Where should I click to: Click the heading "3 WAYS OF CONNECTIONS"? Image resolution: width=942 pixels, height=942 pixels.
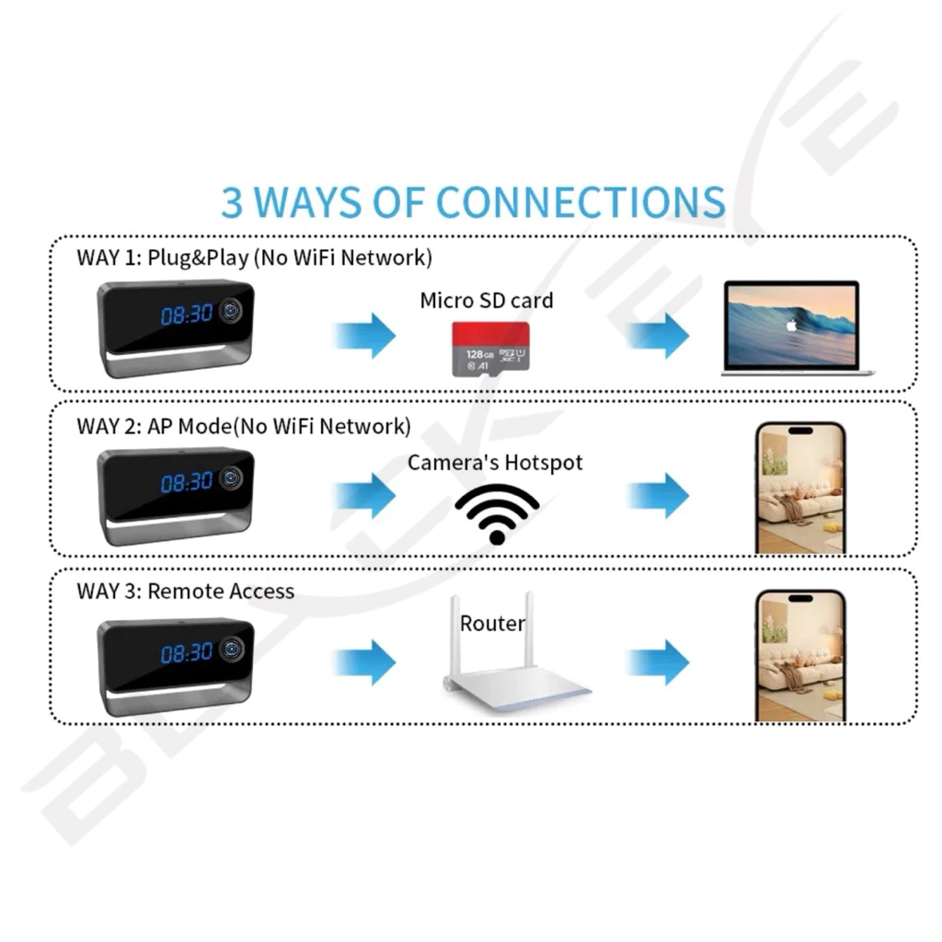(x=473, y=202)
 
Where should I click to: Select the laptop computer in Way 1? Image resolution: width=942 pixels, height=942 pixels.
(x=797, y=328)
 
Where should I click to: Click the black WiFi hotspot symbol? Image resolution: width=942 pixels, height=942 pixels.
(x=497, y=513)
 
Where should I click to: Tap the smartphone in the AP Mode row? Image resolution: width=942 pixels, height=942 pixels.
(x=798, y=488)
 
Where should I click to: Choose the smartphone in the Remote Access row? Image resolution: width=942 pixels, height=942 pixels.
(x=798, y=656)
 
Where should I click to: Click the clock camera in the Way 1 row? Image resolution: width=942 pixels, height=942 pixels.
(x=176, y=328)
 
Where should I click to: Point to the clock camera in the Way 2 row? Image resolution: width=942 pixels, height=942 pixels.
(x=176, y=495)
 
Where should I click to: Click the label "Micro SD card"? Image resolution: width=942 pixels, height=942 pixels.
(x=487, y=300)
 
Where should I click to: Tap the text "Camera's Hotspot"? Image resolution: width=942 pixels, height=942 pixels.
(x=495, y=462)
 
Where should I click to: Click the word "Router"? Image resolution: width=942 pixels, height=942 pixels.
(x=492, y=624)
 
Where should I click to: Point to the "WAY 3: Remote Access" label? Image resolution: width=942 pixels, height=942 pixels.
(x=185, y=591)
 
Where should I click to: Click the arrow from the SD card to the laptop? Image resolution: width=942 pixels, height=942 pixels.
(x=659, y=334)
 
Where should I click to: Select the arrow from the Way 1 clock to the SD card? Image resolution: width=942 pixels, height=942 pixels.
(x=364, y=334)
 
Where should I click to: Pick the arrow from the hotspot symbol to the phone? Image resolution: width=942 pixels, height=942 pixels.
(x=659, y=496)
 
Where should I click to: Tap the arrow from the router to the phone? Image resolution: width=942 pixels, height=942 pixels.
(x=659, y=661)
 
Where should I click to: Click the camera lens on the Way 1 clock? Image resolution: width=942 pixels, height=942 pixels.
(x=231, y=311)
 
